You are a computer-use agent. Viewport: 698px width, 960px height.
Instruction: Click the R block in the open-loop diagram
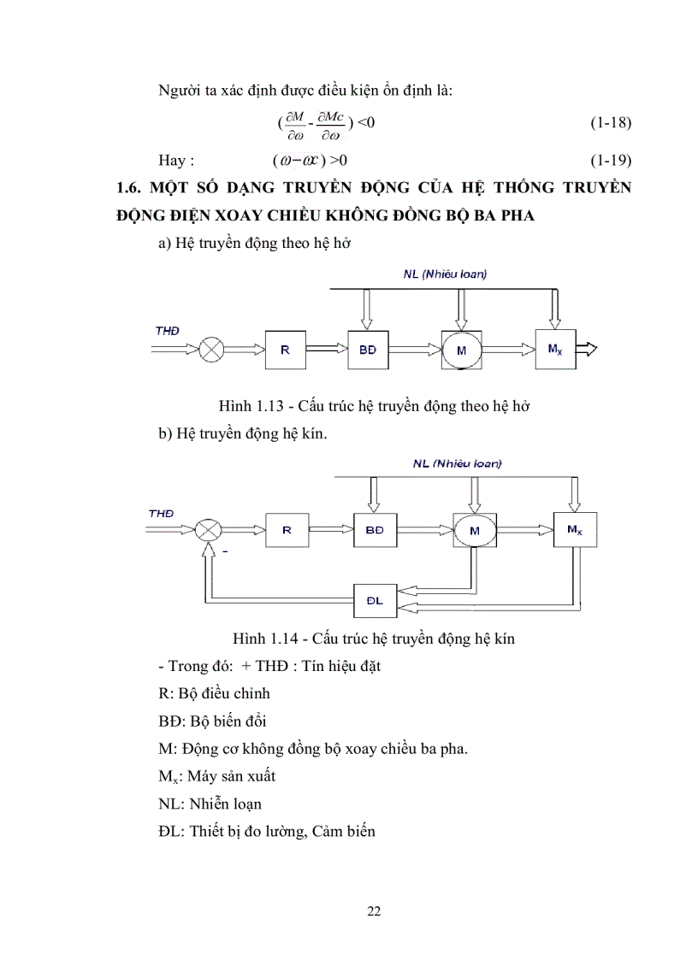(285, 349)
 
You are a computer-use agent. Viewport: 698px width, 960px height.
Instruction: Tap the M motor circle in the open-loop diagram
(462, 350)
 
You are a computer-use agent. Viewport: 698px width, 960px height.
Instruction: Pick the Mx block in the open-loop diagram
(554, 348)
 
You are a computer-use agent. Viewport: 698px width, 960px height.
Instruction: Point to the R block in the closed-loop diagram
(287, 530)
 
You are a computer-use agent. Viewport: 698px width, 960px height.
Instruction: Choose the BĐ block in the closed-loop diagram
(375, 530)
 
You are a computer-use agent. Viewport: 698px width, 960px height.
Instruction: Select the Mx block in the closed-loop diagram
(575, 530)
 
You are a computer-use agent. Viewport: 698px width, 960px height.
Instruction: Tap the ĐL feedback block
(377, 601)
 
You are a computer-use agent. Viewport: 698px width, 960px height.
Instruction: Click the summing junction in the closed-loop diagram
(207, 530)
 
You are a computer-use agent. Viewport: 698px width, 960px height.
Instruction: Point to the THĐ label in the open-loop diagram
(168, 330)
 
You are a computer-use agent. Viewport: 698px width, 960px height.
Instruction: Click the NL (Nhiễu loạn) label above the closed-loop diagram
(457, 463)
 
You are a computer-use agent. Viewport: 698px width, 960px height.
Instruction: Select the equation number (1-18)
(611, 122)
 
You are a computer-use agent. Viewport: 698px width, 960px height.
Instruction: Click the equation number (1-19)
(611, 160)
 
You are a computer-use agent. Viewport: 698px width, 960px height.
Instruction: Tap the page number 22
(374, 910)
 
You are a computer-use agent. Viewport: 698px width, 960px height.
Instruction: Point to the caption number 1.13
(270, 406)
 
